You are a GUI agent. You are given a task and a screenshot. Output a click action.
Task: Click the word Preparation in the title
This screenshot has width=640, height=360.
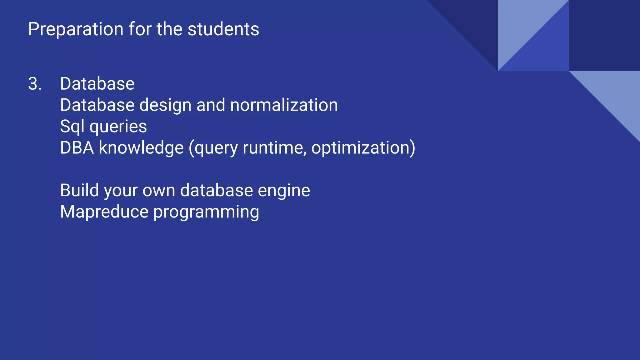pyautogui.click(x=76, y=29)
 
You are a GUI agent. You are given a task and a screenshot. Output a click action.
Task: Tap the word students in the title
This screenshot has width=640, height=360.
pyautogui.click(x=223, y=29)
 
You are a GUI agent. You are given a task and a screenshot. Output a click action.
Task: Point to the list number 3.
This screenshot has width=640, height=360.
pyautogui.click(x=34, y=84)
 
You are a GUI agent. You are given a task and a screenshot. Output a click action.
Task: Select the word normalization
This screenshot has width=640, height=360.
pyautogui.click(x=284, y=105)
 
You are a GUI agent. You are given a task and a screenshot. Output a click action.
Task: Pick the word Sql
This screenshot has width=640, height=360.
pyautogui.click(x=72, y=127)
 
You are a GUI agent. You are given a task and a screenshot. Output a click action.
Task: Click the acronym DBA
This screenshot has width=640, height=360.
pyautogui.click(x=77, y=147)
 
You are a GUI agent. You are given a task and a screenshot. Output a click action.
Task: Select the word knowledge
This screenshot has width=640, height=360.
pyautogui.click(x=141, y=148)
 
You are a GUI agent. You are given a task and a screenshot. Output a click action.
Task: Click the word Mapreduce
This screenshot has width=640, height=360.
pyautogui.click(x=104, y=212)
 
